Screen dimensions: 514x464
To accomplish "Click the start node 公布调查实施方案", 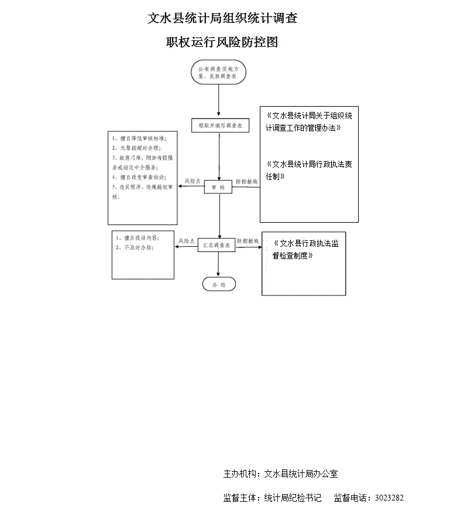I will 218,72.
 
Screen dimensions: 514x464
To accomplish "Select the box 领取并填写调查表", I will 220,125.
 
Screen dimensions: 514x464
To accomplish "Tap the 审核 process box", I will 218,187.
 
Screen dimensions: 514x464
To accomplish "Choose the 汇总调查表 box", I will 216,246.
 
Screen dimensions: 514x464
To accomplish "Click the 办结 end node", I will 219,284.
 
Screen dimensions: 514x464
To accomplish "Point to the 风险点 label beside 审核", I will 193,182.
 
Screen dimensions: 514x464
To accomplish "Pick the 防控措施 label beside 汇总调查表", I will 248,241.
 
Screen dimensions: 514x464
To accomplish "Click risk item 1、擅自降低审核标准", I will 139,138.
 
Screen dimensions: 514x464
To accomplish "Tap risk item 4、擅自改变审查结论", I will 139,176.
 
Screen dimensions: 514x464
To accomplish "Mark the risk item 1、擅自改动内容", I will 138,238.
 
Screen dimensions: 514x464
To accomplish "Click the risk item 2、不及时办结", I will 134,248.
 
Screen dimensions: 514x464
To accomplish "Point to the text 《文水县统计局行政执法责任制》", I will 308,170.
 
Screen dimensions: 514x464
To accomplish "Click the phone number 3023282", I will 389,498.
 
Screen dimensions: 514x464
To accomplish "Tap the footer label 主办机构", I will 240,474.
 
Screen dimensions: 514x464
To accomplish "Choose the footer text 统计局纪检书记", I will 293,498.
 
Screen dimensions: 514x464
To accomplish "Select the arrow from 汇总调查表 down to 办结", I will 218,264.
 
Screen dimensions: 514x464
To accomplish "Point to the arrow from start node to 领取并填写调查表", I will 219,101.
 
